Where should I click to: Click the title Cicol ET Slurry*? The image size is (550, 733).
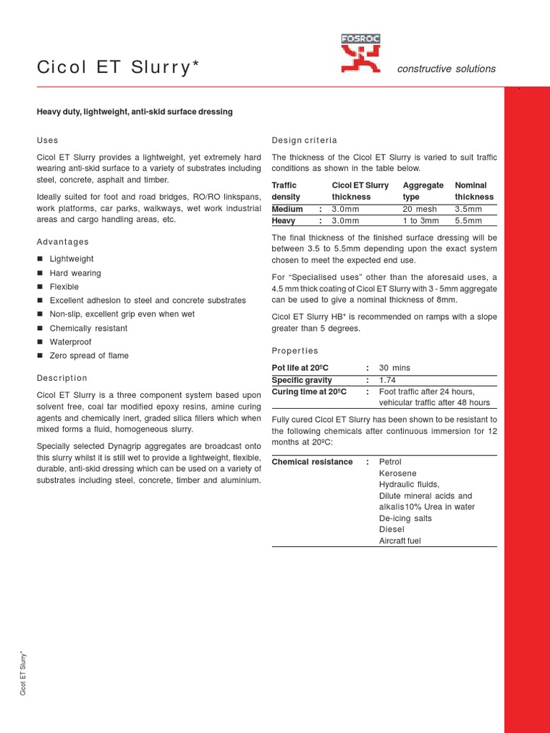[x=117, y=67]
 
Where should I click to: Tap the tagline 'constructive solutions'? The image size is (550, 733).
[x=446, y=69]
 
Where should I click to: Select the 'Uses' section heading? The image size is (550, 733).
[x=47, y=140]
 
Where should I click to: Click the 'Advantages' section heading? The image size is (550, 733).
[x=62, y=242]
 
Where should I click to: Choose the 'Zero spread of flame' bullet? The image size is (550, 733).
[x=89, y=355]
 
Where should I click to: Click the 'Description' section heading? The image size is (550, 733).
[x=62, y=378]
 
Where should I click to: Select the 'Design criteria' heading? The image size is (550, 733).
[x=304, y=140]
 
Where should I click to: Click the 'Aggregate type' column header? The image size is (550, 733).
[x=423, y=190]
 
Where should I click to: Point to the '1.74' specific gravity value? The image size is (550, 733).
[x=387, y=380]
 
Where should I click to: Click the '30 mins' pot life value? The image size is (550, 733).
[x=395, y=368]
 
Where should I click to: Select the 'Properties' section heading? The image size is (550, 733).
[x=295, y=351]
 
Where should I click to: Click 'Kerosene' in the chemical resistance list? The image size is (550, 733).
[x=397, y=473]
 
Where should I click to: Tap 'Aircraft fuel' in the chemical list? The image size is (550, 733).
[x=400, y=540]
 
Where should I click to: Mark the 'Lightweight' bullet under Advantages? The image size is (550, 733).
[x=71, y=259]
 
